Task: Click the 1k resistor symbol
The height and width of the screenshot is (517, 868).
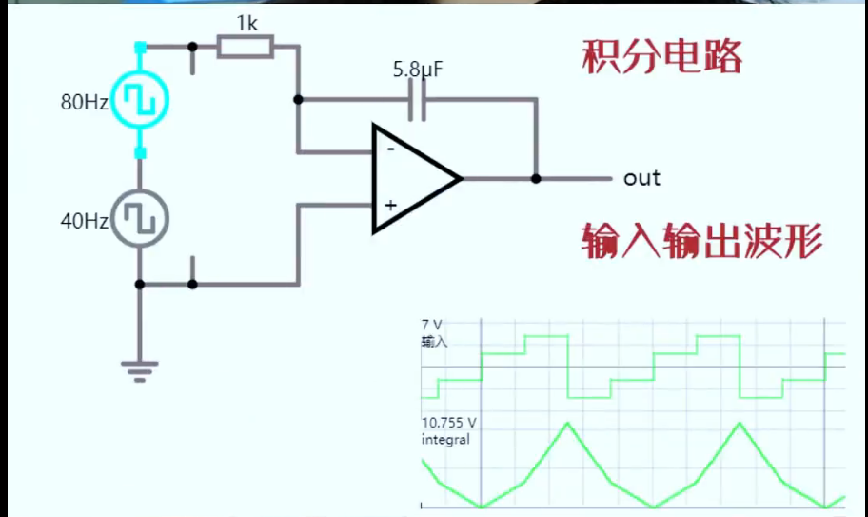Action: [245, 46]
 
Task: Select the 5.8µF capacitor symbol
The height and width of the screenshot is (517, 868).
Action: [416, 99]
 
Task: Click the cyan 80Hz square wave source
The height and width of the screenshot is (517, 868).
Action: [140, 100]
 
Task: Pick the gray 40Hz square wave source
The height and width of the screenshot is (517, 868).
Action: [140, 219]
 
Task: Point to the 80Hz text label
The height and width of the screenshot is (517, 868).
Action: [85, 103]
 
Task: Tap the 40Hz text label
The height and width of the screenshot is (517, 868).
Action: [85, 221]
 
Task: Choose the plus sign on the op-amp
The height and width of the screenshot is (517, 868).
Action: [389, 205]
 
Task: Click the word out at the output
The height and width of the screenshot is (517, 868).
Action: [641, 178]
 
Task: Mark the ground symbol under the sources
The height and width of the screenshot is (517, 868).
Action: [140, 369]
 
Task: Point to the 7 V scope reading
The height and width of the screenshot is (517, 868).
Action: [432, 326]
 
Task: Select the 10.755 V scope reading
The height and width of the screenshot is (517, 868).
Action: [449, 424]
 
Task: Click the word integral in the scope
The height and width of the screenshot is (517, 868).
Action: [445, 439]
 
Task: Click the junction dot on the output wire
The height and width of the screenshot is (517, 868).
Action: [536, 178]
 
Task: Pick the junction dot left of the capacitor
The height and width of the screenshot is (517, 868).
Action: [298, 99]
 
